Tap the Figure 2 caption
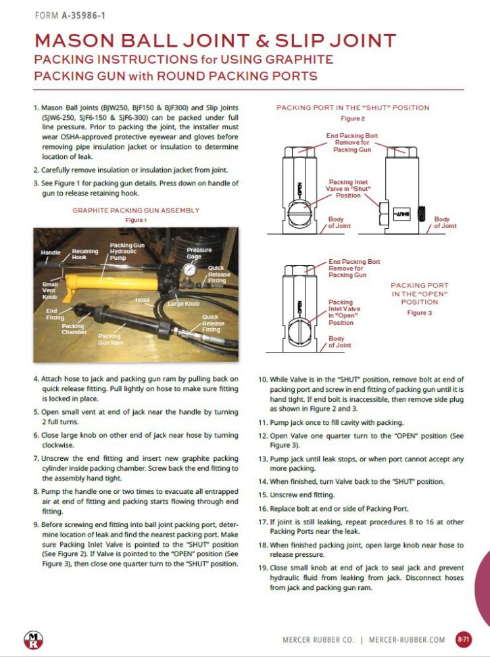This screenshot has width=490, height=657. click(352, 118)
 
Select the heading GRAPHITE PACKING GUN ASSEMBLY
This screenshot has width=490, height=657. click(136, 210)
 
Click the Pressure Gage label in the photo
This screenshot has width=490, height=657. click(199, 254)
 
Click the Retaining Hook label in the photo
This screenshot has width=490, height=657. click(85, 255)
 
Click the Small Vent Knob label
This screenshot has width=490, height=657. click(49, 290)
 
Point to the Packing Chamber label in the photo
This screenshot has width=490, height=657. click(72, 330)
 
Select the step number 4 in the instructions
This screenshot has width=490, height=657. click(36, 380)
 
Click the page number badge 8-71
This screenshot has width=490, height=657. click(464, 638)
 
